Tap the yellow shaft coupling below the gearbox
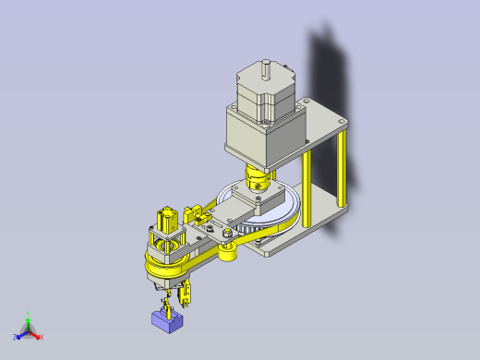pos(258,175)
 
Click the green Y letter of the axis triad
pos(29,314)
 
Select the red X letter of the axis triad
pos(42,337)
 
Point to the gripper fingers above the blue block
pos(169,301)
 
